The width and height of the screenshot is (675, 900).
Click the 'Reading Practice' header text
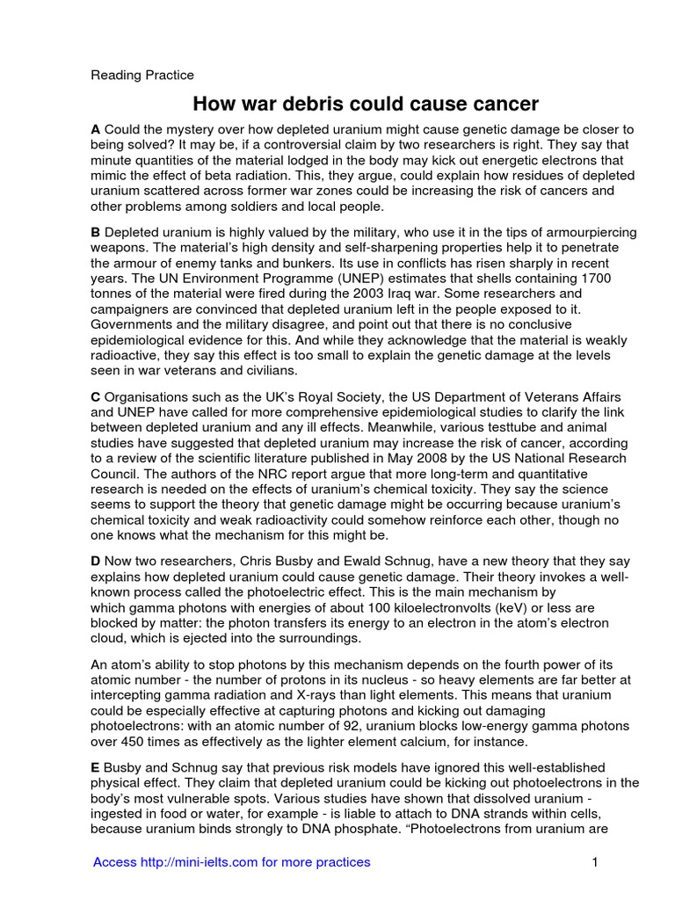coord(142,75)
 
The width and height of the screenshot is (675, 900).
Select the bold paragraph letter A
coord(96,129)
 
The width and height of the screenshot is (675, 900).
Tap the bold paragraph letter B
coord(96,232)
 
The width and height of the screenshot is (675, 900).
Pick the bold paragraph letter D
coord(96,561)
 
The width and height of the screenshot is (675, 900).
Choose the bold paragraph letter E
coord(96,767)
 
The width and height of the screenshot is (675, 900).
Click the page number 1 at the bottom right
coord(594,862)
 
